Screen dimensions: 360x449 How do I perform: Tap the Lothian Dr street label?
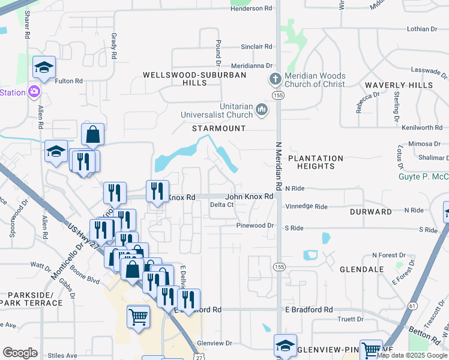(x=422, y=29)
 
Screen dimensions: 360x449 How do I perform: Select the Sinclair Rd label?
(x=256, y=46)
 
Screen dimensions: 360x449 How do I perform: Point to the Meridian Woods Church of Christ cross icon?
(x=275, y=80)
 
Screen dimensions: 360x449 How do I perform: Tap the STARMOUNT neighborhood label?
(x=218, y=128)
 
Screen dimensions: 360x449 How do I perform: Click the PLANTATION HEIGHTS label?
(x=315, y=162)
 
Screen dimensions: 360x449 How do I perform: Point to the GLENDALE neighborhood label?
(x=361, y=269)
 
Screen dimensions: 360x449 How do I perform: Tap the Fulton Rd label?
(x=68, y=81)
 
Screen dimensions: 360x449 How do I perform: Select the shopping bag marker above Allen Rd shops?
(x=93, y=135)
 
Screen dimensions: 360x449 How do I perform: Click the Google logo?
(x=20, y=353)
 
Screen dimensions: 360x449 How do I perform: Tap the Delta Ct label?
(x=221, y=205)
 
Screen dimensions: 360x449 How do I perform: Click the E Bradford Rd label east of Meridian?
(x=309, y=310)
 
